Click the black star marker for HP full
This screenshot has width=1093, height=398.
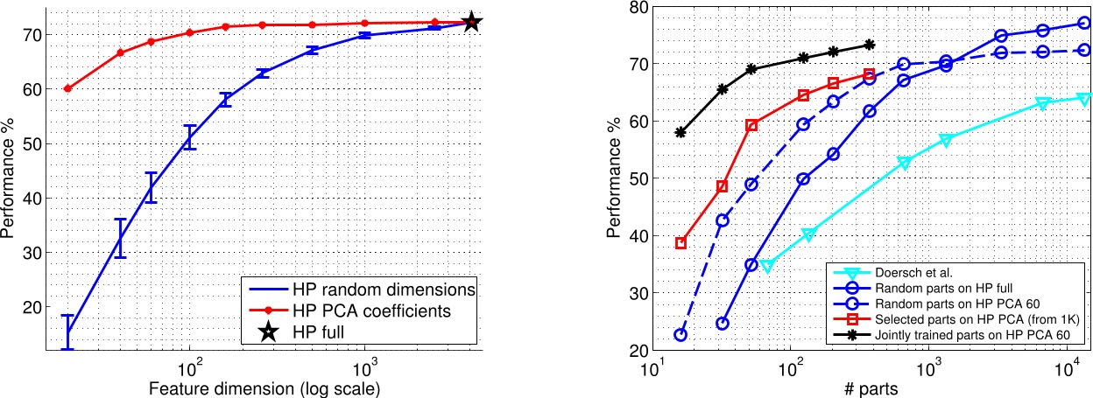tap(471, 22)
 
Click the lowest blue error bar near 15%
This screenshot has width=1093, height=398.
tap(67, 332)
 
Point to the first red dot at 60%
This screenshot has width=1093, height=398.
tap(67, 88)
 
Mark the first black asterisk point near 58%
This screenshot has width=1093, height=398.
tap(680, 133)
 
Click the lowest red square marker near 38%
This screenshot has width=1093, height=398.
tap(680, 243)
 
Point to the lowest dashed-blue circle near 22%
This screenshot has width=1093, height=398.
tap(680, 335)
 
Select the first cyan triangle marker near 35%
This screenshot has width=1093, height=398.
tap(767, 265)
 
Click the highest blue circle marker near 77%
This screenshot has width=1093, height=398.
tap(1083, 24)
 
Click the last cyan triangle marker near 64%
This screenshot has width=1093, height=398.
tap(1083, 99)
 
